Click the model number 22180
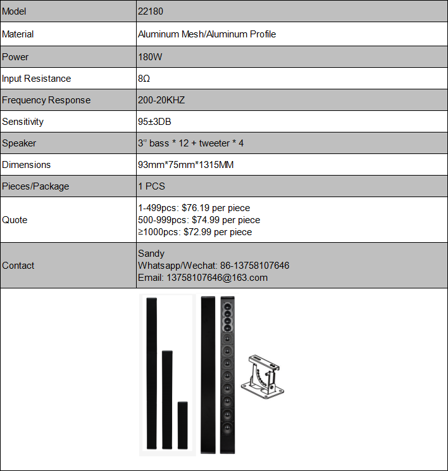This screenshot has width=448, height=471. (x=151, y=12)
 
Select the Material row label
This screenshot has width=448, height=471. (x=18, y=34)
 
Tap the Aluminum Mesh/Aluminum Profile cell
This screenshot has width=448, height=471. (x=207, y=34)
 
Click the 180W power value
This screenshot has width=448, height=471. (x=149, y=57)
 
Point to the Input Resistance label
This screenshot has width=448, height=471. (x=37, y=79)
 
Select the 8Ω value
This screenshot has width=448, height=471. (x=144, y=79)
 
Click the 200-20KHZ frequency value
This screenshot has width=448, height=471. (x=161, y=100)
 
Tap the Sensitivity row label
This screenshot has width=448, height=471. (x=23, y=122)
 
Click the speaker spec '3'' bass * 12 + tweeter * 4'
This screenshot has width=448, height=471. (x=190, y=143)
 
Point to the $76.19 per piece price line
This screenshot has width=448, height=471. (x=194, y=208)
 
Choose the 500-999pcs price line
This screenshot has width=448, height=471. (x=199, y=220)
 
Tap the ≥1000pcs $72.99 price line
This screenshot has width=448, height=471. (x=195, y=232)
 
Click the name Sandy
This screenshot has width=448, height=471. (x=151, y=254)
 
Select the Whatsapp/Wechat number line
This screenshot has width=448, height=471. (x=213, y=266)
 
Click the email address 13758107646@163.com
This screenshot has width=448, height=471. (x=202, y=278)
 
